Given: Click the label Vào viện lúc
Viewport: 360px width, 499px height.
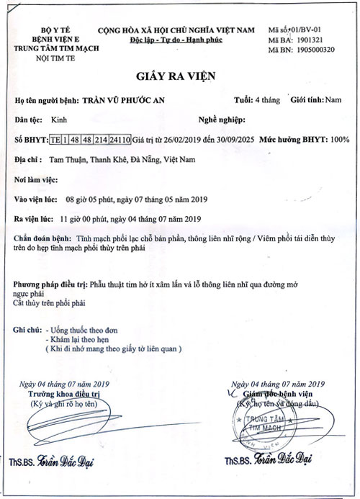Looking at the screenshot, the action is pyautogui.click(x=35, y=197).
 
